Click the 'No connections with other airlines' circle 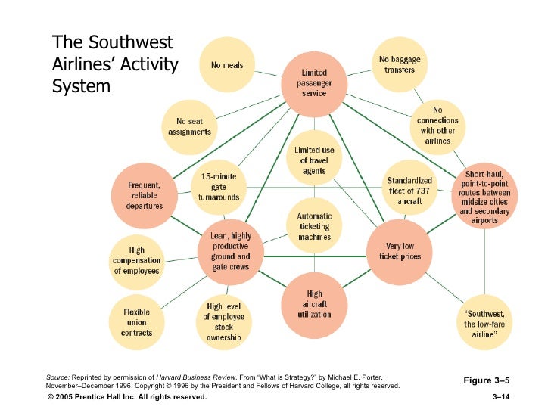click(x=437, y=126)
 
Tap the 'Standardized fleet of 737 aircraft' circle click(x=409, y=190)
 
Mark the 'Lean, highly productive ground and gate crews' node click(x=231, y=251)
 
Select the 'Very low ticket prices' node click(x=400, y=251)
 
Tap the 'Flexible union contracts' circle click(x=137, y=321)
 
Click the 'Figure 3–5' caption click(x=487, y=380)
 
